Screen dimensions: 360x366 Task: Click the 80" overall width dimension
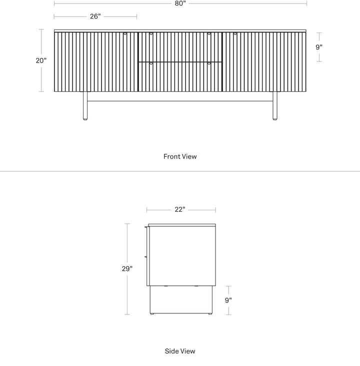point(180,4)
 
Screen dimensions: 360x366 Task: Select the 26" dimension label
point(95,17)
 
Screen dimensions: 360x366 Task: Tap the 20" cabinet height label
point(41,61)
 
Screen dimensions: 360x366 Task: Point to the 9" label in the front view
point(319,47)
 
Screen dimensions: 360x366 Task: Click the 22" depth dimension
point(180,210)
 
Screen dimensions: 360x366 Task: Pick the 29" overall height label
point(127,269)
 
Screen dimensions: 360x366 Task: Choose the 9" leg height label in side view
point(228,300)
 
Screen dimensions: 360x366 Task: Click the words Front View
point(180,156)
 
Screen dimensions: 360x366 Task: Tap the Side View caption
point(180,351)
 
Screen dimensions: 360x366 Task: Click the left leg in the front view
point(85,106)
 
